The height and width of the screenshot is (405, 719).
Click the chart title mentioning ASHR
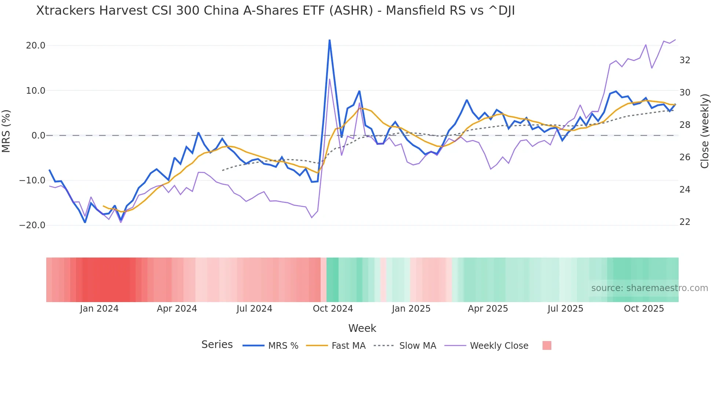coord(275,11)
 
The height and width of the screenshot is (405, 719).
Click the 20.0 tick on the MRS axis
coord(36,46)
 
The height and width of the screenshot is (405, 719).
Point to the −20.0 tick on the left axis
coord(32,225)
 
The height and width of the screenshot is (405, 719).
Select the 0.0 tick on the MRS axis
coord(38,136)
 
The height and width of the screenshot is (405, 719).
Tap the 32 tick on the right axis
coord(685,60)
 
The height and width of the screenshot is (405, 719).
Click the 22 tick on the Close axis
coord(685,222)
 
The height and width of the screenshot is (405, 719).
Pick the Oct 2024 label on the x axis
coord(333,309)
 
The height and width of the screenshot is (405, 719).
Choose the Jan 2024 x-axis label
coord(99,309)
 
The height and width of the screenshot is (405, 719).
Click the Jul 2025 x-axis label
coord(565,309)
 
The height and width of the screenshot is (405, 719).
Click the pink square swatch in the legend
coord(547,345)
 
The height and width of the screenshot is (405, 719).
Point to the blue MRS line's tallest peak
coord(329,40)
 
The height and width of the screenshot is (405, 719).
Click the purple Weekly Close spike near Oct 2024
coord(329,79)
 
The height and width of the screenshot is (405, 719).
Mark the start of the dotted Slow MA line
coord(223,171)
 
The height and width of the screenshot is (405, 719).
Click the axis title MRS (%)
coord(6,131)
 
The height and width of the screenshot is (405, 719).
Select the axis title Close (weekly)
coord(704,131)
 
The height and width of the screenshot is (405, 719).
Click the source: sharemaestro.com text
coord(649,288)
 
